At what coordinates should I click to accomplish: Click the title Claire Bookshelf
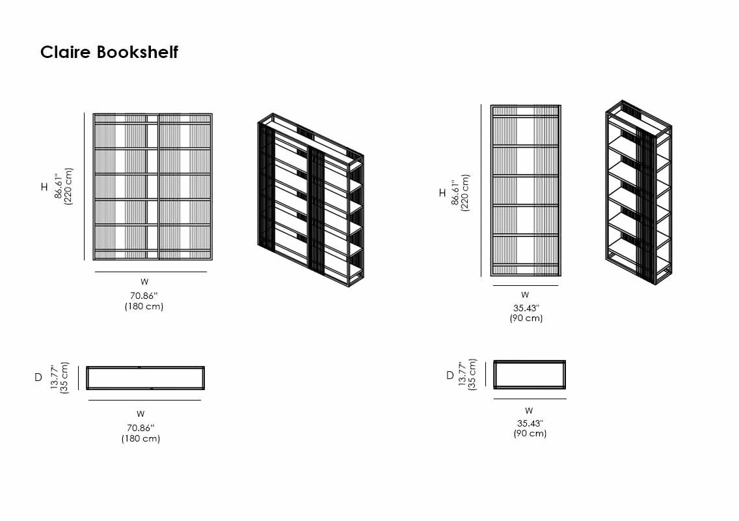(x=109, y=52)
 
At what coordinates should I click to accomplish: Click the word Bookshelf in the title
(x=137, y=52)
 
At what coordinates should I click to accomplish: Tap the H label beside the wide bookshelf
(x=44, y=187)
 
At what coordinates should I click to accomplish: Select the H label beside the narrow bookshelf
(x=442, y=193)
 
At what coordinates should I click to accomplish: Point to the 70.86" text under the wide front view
(x=144, y=296)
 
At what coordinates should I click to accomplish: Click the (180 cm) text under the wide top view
(x=141, y=438)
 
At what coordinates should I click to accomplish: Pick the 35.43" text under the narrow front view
(x=526, y=307)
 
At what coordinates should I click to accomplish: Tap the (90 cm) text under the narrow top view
(x=530, y=433)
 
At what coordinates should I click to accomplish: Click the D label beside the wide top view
(x=38, y=377)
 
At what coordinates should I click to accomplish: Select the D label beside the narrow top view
(x=450, y=375)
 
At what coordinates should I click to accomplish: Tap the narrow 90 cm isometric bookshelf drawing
(x=639, y=193)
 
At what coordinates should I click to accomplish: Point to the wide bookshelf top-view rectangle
(x=146, y=378)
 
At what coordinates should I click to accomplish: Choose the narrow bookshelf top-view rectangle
(x=530, y=374)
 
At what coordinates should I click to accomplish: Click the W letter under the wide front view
(x=144, y=282)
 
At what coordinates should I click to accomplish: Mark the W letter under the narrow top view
(x=529, y=411)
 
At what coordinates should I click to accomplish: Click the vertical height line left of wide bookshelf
(x=85, y=186)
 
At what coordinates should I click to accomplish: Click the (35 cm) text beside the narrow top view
(x=473, y=374)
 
